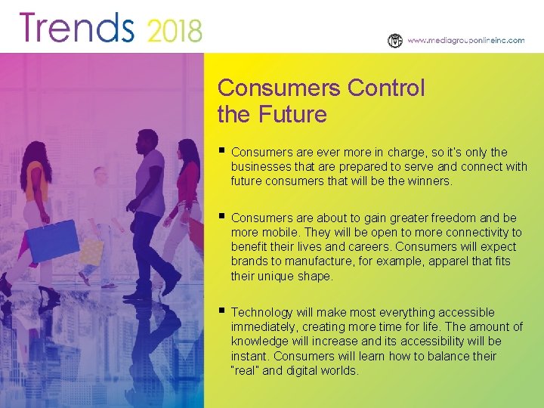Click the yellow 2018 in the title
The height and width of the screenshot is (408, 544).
coord(175,31)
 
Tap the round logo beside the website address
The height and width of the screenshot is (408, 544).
coord(394,41)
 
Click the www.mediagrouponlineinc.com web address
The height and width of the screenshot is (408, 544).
coord(465,41)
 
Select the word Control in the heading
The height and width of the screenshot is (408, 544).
coord(386,88)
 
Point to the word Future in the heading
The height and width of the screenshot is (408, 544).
coord(292,115)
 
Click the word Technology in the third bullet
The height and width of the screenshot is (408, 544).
coord(260,313)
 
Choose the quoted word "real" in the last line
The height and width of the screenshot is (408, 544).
coord(245,371)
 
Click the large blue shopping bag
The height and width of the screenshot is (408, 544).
coord(54,240)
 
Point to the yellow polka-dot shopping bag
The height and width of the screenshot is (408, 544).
coord(91,251)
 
